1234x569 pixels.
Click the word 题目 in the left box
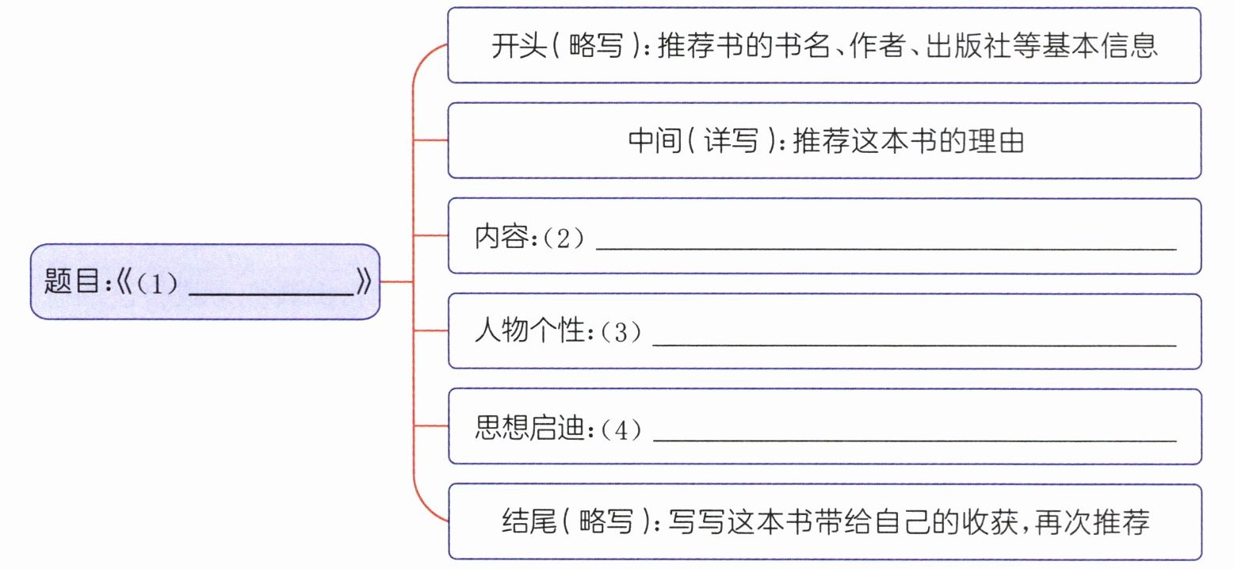[71, 281]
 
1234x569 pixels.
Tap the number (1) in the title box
[158, 283]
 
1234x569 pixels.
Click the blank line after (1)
[271, 296]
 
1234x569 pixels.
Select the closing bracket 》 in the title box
[364, 281]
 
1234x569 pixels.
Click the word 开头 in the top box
[518, 46]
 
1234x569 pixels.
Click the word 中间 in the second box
[655, 141]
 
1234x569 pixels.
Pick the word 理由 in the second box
[996, 141]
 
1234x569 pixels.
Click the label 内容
[502, 236]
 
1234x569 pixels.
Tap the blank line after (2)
[886, 249]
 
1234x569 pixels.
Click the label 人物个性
[530, 331]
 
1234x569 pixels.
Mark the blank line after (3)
[915, 345]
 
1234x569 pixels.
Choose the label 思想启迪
[530, 427]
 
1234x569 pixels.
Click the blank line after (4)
[915, 440]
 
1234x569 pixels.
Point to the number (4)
[621, 429]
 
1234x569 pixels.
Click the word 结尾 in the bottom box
[529, 521]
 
